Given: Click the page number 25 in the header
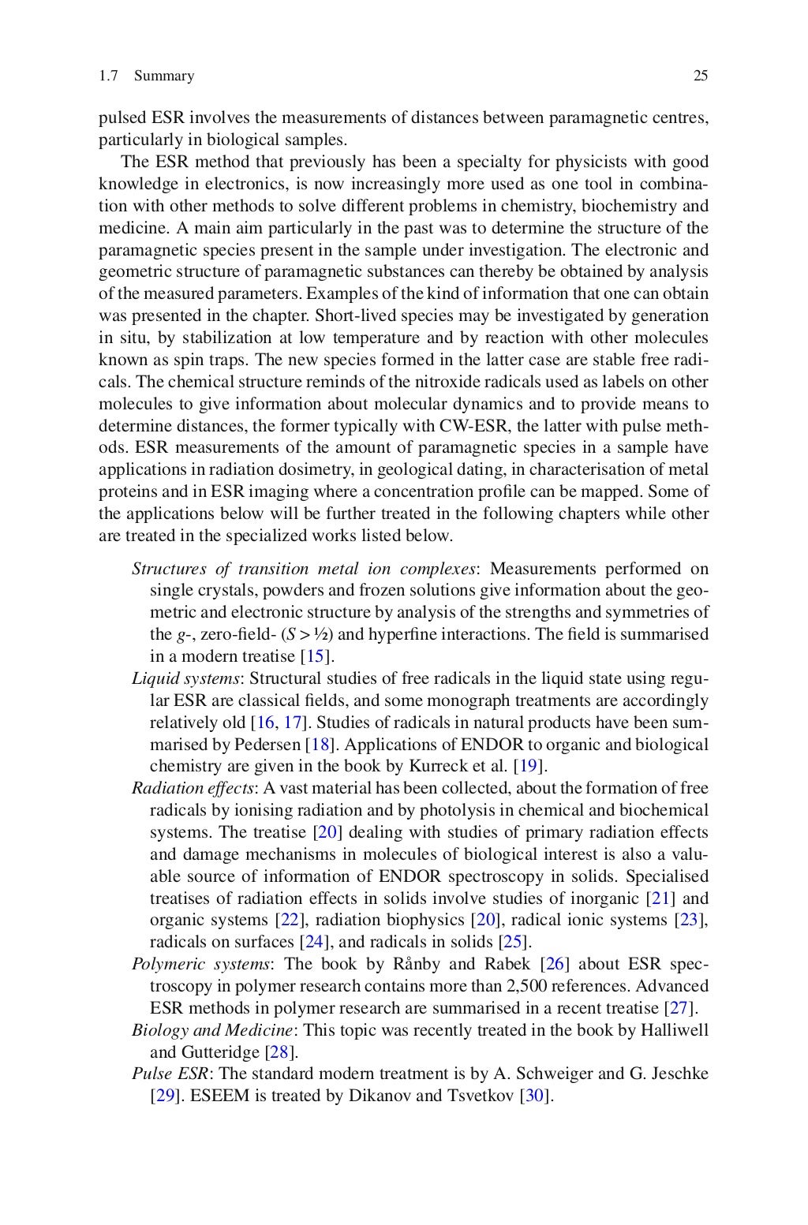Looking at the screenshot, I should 700,76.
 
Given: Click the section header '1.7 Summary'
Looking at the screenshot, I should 146,76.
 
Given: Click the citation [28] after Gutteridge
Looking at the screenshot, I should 281,1051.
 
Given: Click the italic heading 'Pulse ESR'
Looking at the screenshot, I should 170,1074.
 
